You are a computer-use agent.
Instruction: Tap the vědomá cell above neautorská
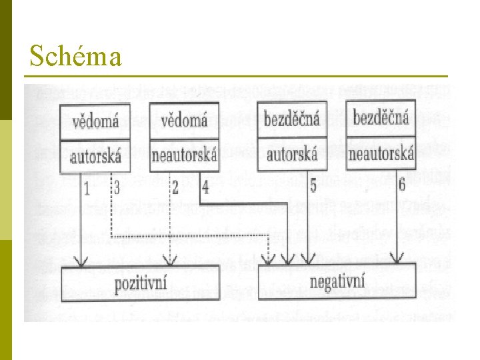pyautogui.click(x=184, y=121)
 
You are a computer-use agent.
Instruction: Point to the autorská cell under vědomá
pyautogui.click(x=95, y=157)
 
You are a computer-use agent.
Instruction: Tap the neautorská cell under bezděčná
pyautogui.click(x=381, y=154)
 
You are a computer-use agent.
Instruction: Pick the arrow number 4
pyautogui.click(x=205, y=187)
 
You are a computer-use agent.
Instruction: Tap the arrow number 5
pyautogui.click(x=313, y=186)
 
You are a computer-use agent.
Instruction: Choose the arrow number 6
pyautogui.click(x=402, y=185)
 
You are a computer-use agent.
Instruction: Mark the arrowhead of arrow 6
pyautogui.click(x=398, y=259)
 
